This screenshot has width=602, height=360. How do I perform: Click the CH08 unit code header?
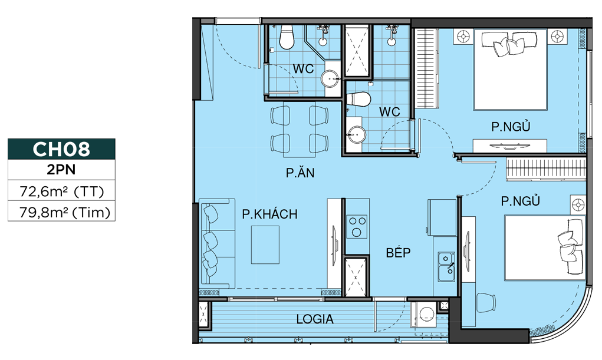coord(61,149)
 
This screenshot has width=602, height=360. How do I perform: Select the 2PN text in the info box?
coord(61,169)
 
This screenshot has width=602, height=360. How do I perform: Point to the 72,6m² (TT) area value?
coord(62,191)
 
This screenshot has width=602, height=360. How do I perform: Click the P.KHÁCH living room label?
coord(269,214)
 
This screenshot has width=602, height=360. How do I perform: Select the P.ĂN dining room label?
coord(300,173)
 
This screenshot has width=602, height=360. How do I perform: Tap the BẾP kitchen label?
coord(398,252)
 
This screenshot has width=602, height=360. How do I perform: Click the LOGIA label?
coord(315,319)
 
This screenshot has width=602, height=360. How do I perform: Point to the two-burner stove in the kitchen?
coord(357,226)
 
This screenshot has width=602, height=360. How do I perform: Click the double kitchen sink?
coord(446,267)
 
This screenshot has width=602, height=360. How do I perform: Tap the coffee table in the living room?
coord(265,245)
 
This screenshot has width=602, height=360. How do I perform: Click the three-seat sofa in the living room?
coord(217,243)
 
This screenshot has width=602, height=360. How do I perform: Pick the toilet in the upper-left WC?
coord(286,37)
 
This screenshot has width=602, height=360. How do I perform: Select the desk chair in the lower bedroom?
coord(485,302)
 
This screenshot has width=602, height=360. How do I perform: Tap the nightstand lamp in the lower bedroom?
coord(578,205)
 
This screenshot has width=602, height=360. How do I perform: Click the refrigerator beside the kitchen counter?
coord(442,217)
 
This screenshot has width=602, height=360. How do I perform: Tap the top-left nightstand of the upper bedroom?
coord(463,37)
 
